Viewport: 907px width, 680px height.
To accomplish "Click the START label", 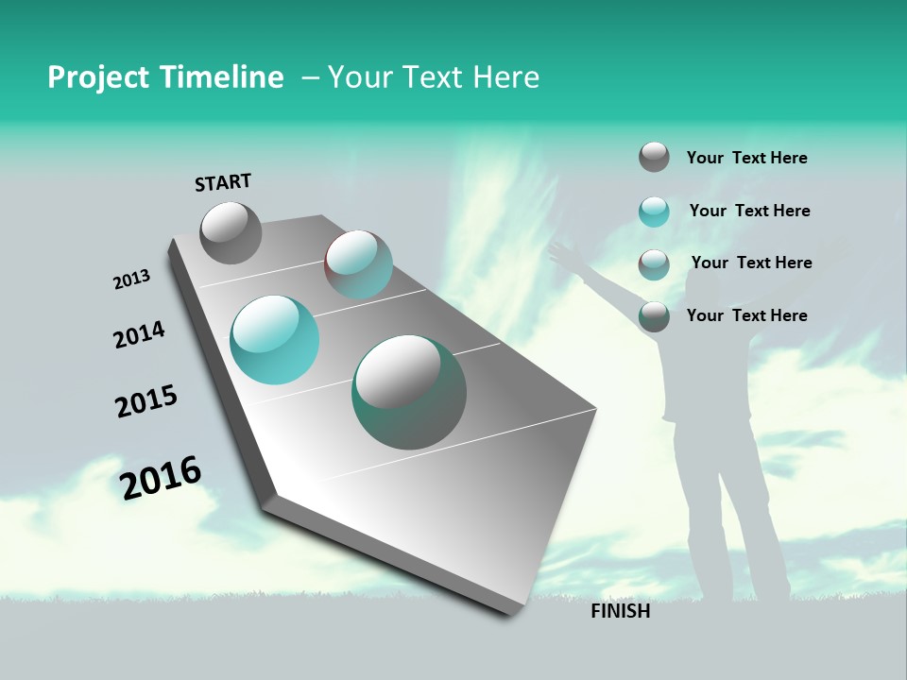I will click(223, 182).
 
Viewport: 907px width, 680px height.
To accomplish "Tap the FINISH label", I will click(621, 611).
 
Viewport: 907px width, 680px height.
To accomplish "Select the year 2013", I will click(132, 280).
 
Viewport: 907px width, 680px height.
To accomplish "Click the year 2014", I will click(139, 334).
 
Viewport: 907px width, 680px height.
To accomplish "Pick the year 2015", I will click(146, 401).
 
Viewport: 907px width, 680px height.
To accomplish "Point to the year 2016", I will click(161, 477).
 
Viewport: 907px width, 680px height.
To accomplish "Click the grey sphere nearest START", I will click(231, 232).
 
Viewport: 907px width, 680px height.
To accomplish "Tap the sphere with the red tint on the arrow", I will click(358, 264).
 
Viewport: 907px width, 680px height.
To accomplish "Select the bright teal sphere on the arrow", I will click(274, 339).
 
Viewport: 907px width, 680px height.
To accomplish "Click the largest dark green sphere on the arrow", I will click(409, 392).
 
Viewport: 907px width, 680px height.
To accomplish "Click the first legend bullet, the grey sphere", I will click(654, 157).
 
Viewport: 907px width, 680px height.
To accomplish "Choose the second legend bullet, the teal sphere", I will click(654, 212).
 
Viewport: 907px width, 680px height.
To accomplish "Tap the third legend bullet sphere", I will click(654, 264).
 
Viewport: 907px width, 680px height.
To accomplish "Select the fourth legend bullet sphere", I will click(654, 316).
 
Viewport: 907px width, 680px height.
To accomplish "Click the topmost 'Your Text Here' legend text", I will click(746, 159).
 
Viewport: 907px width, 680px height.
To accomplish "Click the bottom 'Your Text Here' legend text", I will click(746, 315).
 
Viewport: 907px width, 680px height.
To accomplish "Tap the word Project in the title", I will click(94, 77).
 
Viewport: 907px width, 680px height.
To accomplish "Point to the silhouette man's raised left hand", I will click(562, 251).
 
